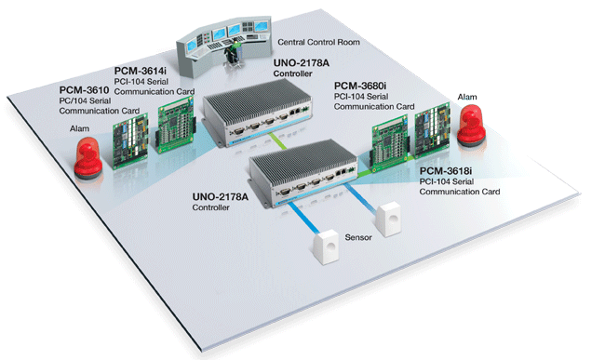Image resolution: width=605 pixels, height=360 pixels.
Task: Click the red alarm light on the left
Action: coord(90,159)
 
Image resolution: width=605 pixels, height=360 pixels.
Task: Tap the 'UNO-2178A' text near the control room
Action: coord(302,62)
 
